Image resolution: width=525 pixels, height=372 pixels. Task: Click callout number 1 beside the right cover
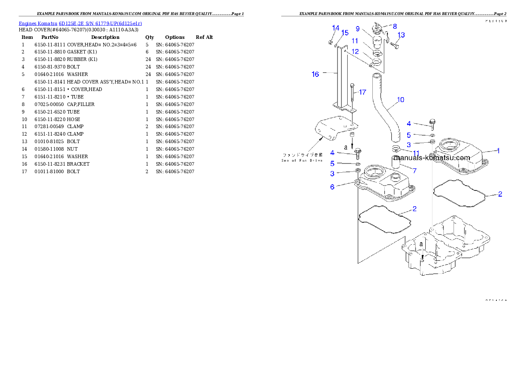click(x=499, y=151)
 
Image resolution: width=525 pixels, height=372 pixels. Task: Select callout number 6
click(x=332, y=187)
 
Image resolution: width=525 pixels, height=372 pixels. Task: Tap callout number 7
click(x=414, y=170)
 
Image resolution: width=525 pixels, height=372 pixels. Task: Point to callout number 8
click(x=394, y=26)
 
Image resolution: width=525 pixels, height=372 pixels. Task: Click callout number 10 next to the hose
click(x=400, y=100)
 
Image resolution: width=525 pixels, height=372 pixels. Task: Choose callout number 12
click(x=355, y=51)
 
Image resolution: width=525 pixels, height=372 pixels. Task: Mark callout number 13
click(x=401, y=35)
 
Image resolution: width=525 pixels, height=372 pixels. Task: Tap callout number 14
click(x=336, y=28)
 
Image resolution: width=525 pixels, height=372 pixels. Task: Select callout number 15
click(x=345, y=33)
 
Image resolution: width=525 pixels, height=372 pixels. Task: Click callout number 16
click(x=315, y=74)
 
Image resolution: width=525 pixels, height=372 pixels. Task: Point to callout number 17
click(x=362, y=92)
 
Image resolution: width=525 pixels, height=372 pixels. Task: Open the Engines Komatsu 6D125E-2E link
click(x=80, y=23)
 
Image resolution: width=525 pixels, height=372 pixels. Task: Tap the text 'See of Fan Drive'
click(x=302, y=160)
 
